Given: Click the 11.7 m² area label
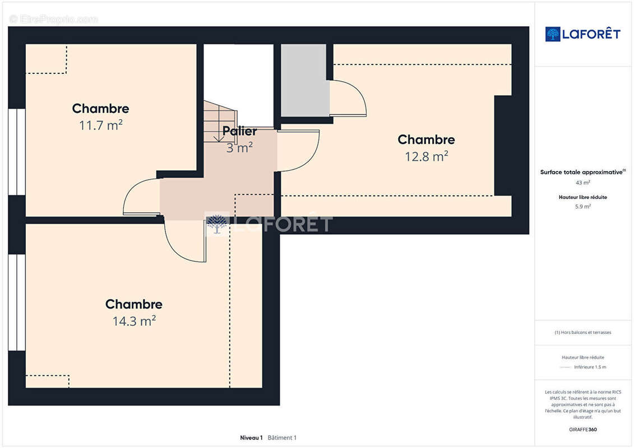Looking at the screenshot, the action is (x=101, y=125).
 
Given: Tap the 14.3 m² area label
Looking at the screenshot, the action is (x=134, y=321).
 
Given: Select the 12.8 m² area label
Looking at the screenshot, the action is (x=427, y=156).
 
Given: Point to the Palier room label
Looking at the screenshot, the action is (x=239, y=131).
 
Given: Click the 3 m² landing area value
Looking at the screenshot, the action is (x=239, y=147).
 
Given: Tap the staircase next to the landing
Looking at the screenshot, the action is (x=220, y=121).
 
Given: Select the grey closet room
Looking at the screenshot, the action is (x=304, y=80).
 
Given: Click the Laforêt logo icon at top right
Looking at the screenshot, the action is (x=552, y=34).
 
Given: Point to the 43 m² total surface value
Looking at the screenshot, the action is (x=582, y=183).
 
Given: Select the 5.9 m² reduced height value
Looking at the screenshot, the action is (x=582, y=207).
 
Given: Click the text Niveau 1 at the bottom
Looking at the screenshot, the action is (x=251, y=437).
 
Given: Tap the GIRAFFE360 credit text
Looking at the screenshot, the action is (x=582, y=430).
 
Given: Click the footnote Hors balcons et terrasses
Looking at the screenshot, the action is (x=582, y=333).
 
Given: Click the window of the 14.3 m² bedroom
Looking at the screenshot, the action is (x=17, y=302).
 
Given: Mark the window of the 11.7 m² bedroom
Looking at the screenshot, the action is (x=17, y=152).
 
